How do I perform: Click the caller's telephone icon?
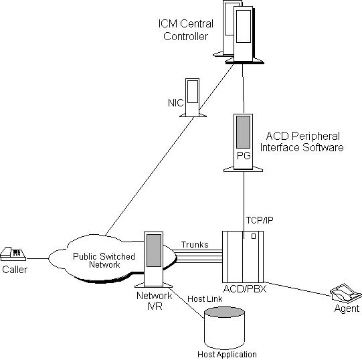click(x=13, y=254)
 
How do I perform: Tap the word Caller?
click(x=15, y=270)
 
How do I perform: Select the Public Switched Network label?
click(x=104, y=260)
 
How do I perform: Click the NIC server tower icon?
click(x=193, y=98)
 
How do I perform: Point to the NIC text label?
click(x=176, y=103)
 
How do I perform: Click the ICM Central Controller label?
click(x=185, y=30)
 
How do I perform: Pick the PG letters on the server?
click(x=244, y=156)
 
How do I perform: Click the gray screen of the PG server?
click(x=243, y=132)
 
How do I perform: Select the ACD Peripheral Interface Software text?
click(x=302, y=142)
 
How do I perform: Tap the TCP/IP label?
click(x=260, y=220)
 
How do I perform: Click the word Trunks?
click(x=195, y=244)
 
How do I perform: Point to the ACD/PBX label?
click(x=245, y=289)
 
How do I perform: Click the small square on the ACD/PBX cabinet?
click(x=254, y=236)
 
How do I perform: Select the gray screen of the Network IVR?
click(x=154, y=250)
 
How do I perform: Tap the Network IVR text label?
click(x=154, y=301)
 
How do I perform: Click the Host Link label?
click(x=205, y=299)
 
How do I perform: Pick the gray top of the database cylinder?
click(x=224, y=312)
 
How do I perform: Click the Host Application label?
click(x=227, y=354)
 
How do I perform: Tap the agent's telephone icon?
click(x=346, y=292)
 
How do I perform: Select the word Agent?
click(x=347, y=308)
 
